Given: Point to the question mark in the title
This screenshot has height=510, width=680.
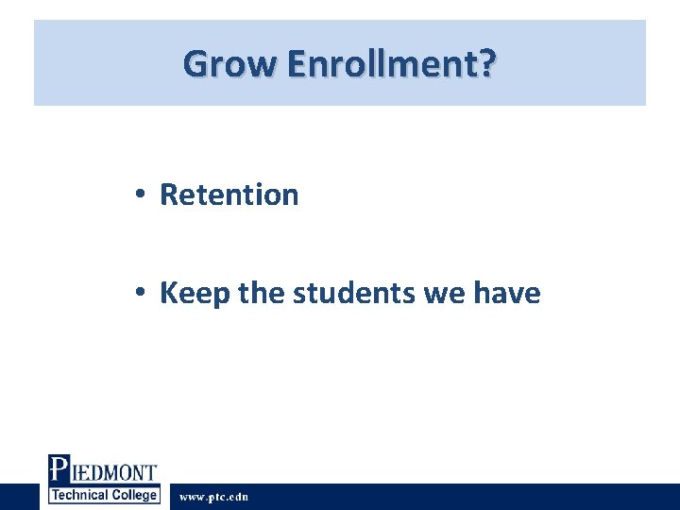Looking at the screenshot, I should pos(485,64).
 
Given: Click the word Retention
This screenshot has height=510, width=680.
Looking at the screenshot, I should pos(229,195).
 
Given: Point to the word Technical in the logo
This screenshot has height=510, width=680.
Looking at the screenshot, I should pos(80,496).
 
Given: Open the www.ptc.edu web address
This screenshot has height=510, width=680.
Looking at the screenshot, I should pos(214,497).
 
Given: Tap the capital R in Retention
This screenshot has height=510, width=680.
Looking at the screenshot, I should pos(169,195).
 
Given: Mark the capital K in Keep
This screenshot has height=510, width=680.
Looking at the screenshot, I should pos(169,293).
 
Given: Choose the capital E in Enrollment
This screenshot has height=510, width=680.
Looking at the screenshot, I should pos(295,64).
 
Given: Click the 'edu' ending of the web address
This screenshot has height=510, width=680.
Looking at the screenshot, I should pos(238,497).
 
